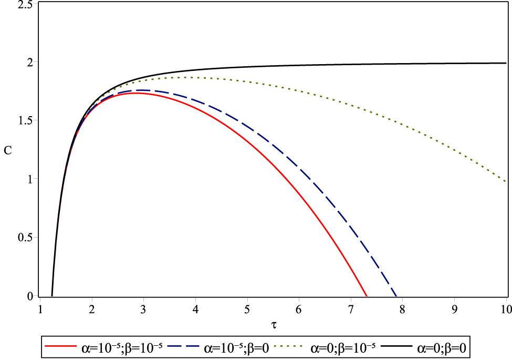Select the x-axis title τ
(x=273, y=326)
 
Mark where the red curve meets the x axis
(x=366, y=296)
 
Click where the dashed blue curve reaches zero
(x=396, y=296)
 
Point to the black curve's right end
(x=506, y=63)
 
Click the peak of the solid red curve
(x=138, y=93)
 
